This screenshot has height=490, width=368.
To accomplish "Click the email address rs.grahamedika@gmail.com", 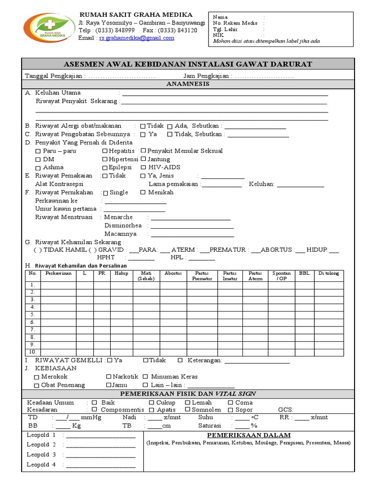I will [137, 38].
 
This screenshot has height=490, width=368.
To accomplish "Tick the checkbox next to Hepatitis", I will [105, 151].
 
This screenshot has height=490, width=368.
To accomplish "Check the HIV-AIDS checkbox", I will [144, 167].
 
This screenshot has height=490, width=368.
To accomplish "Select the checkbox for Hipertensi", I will [105, 159].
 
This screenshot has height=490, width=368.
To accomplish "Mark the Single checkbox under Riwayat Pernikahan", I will [106, 192].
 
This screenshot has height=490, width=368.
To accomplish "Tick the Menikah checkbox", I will [143, 192].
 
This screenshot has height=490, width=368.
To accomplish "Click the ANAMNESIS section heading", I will [187, 84].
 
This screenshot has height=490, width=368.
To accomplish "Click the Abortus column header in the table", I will [173, 273].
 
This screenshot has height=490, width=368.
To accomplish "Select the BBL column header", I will [304, 273].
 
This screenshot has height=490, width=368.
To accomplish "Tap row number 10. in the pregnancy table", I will [33, 352].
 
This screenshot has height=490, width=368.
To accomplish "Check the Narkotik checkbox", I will [109, 377].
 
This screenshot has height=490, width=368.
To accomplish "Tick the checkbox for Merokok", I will [37, 377].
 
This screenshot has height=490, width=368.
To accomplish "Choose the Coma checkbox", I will [230, 402].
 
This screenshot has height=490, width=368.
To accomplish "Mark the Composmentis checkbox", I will [94, 410].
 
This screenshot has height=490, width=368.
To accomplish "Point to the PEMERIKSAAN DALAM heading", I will [249, 435].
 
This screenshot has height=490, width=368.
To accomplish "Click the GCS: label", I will [286, 410].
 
